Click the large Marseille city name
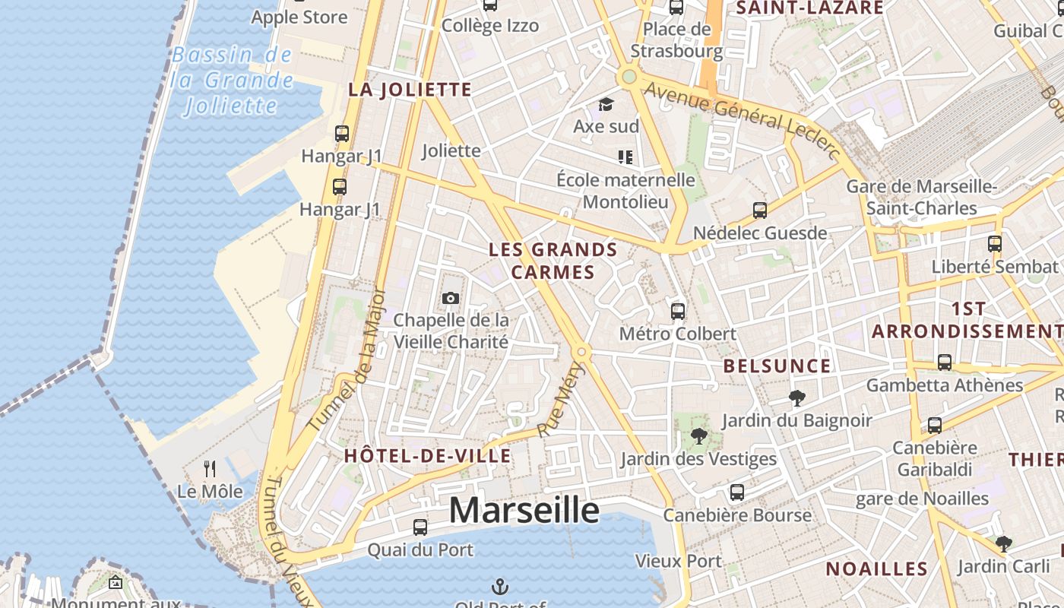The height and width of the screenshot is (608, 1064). click(524, 510)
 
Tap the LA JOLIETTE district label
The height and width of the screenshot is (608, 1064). click(410, 90)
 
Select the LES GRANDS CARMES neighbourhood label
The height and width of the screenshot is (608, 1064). click(553, 261)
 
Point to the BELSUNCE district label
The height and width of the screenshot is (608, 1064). click(777, 366)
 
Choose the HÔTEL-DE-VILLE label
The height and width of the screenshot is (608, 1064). click(428, 456)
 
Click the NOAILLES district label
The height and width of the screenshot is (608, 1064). click(876, 568)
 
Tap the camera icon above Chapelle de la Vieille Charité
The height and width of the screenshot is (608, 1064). click(451, 298)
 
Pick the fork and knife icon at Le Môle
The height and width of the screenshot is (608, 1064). click(210, 469)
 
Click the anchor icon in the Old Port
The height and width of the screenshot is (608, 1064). click(500, 586)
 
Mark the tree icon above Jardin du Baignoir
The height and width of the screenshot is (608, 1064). click(796, 397)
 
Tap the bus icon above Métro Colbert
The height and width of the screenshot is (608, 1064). click(678, 311)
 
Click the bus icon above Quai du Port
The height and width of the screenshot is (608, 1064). click(420, 527)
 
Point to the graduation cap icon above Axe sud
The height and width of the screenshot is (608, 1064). click(606, 104)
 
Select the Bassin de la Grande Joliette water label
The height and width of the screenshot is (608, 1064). click(232, 80)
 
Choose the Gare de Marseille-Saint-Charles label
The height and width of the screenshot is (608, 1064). click(921, 197)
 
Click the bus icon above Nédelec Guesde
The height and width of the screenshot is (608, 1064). click(759, 211)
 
